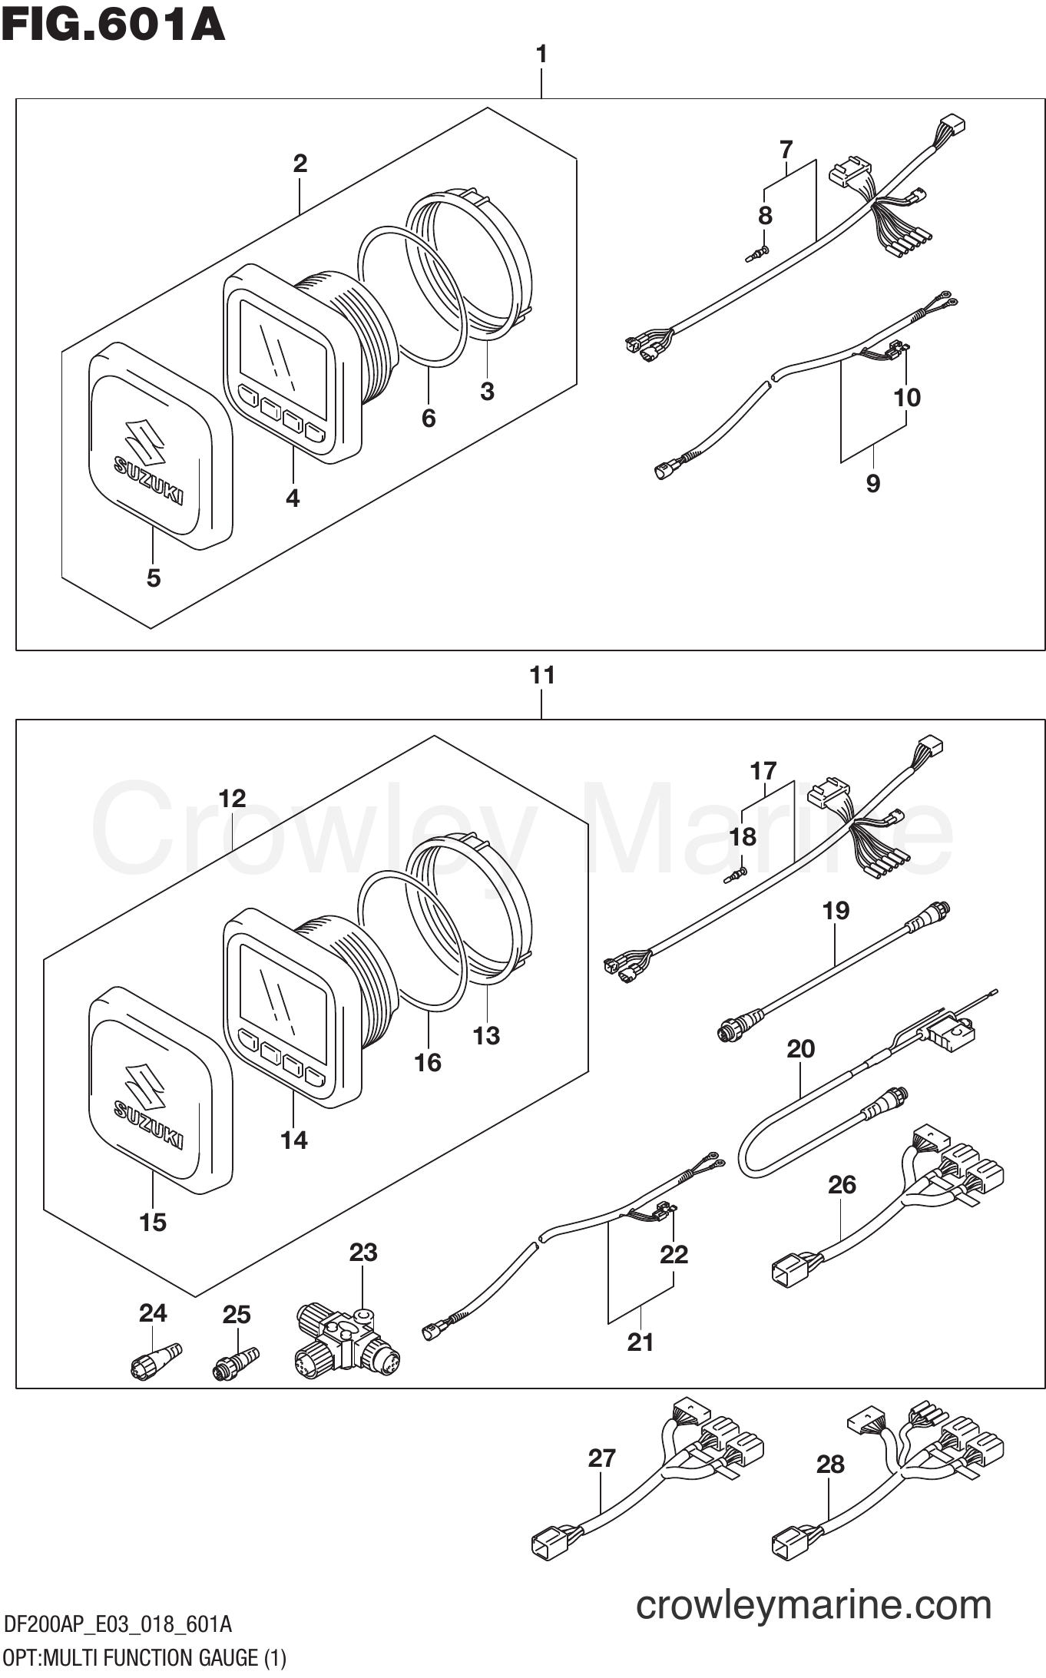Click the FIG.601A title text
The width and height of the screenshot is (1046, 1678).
113,25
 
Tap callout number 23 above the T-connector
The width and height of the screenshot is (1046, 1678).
362,1253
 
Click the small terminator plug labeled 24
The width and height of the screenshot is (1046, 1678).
154,1360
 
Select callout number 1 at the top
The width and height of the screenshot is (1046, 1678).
541,55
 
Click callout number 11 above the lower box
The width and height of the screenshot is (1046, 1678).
541,676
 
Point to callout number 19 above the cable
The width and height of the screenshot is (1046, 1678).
836,911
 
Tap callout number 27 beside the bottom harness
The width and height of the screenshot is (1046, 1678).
602,1458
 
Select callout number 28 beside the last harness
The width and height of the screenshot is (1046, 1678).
830,1464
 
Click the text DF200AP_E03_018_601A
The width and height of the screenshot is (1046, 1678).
118,1624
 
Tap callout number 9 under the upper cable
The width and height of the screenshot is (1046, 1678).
872,483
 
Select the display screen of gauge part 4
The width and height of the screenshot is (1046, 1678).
282,344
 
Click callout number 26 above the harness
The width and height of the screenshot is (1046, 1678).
842,1185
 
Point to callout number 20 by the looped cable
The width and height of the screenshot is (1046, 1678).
800,1049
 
